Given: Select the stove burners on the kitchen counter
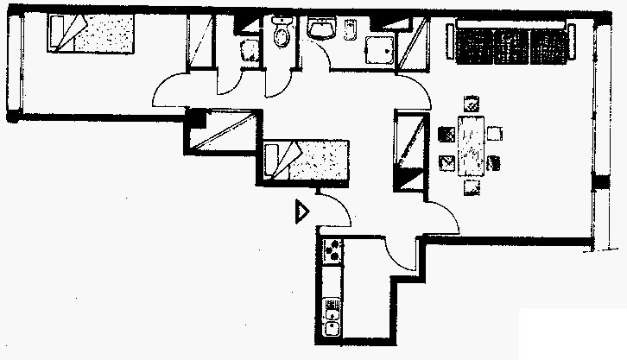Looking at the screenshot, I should point(332,250).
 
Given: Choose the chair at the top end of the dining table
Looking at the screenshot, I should point(471,104).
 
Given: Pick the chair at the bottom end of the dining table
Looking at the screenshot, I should point(472,186).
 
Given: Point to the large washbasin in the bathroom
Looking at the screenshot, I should point(323,28).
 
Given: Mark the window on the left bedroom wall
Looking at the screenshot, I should point(12,65).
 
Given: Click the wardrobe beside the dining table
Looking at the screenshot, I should point(411,151).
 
